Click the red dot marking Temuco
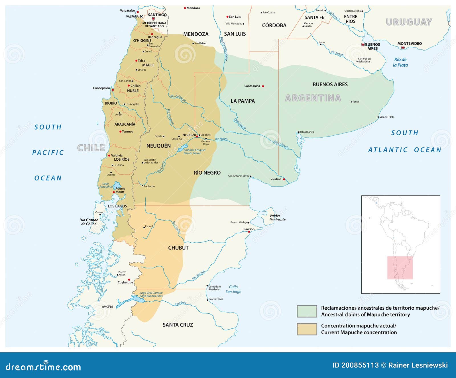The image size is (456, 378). [120, 132]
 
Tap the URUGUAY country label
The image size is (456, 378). [409, 22]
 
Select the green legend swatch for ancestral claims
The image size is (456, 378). [307, 311]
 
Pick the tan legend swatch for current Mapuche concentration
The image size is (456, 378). [307, 329]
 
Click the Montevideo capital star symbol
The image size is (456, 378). [403, 48]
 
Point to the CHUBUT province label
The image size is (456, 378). [178, 248]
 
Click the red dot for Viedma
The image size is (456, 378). [284, 179]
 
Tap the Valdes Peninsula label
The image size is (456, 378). [277, 218]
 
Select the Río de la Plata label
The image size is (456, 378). [400, 62]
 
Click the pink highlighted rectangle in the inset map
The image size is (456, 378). [400, 267]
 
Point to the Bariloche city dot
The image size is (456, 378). [142, 186]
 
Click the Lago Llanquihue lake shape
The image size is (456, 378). [117, 186]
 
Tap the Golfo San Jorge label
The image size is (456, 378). [233, 289]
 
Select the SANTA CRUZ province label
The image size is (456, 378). [178, 325]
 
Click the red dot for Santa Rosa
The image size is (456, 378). [263, 86]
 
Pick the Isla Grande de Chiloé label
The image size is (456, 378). [89, 222]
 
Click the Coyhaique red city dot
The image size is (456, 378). [129, 279]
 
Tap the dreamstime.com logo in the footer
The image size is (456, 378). [43, 367]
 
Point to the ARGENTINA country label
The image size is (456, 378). [313, 98]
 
